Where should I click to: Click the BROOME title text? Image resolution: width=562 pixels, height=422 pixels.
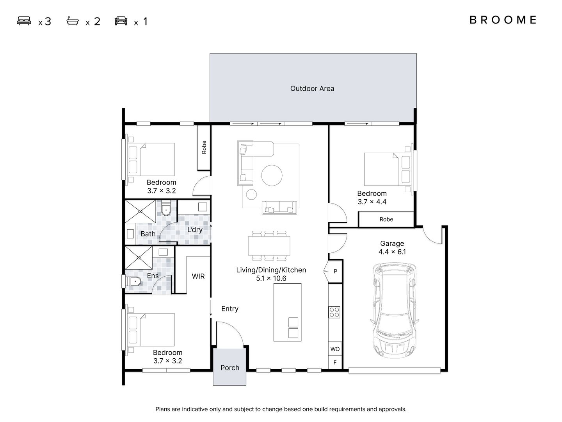point(503,20)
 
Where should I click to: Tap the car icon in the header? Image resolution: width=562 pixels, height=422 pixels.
point(121,21)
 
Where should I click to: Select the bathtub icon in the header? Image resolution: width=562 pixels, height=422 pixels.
point(73,21)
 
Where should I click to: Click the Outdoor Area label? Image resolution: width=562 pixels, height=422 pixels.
point(312,89)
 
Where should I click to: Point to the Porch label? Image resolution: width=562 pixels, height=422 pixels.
point(229,368)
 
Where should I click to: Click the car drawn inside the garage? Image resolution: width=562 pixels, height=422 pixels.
point(395,310)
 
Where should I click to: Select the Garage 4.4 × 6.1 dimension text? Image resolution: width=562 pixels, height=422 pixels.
point(392,252)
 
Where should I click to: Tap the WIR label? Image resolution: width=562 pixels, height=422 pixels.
point(198,276)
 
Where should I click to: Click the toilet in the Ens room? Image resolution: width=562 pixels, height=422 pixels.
point(133,282)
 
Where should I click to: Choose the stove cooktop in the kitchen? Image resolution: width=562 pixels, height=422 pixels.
point(334,312)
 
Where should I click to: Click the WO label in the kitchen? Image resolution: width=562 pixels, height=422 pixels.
point(335,349)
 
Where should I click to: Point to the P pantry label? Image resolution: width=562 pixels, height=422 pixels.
point(335,271)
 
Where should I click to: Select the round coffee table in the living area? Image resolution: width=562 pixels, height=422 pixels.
point(272,175)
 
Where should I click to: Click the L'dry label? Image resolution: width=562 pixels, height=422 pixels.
point(195,230)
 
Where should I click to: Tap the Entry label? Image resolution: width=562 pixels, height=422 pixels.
point(229,309)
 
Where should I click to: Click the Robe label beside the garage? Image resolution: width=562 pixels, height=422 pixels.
point(386,219)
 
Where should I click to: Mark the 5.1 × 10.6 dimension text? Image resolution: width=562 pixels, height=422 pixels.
point(271,278)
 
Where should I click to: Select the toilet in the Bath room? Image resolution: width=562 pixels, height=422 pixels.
point(166,209)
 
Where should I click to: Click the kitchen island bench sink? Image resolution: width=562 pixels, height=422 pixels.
point(293,328)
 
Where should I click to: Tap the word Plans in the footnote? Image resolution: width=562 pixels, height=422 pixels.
point(163,409)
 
